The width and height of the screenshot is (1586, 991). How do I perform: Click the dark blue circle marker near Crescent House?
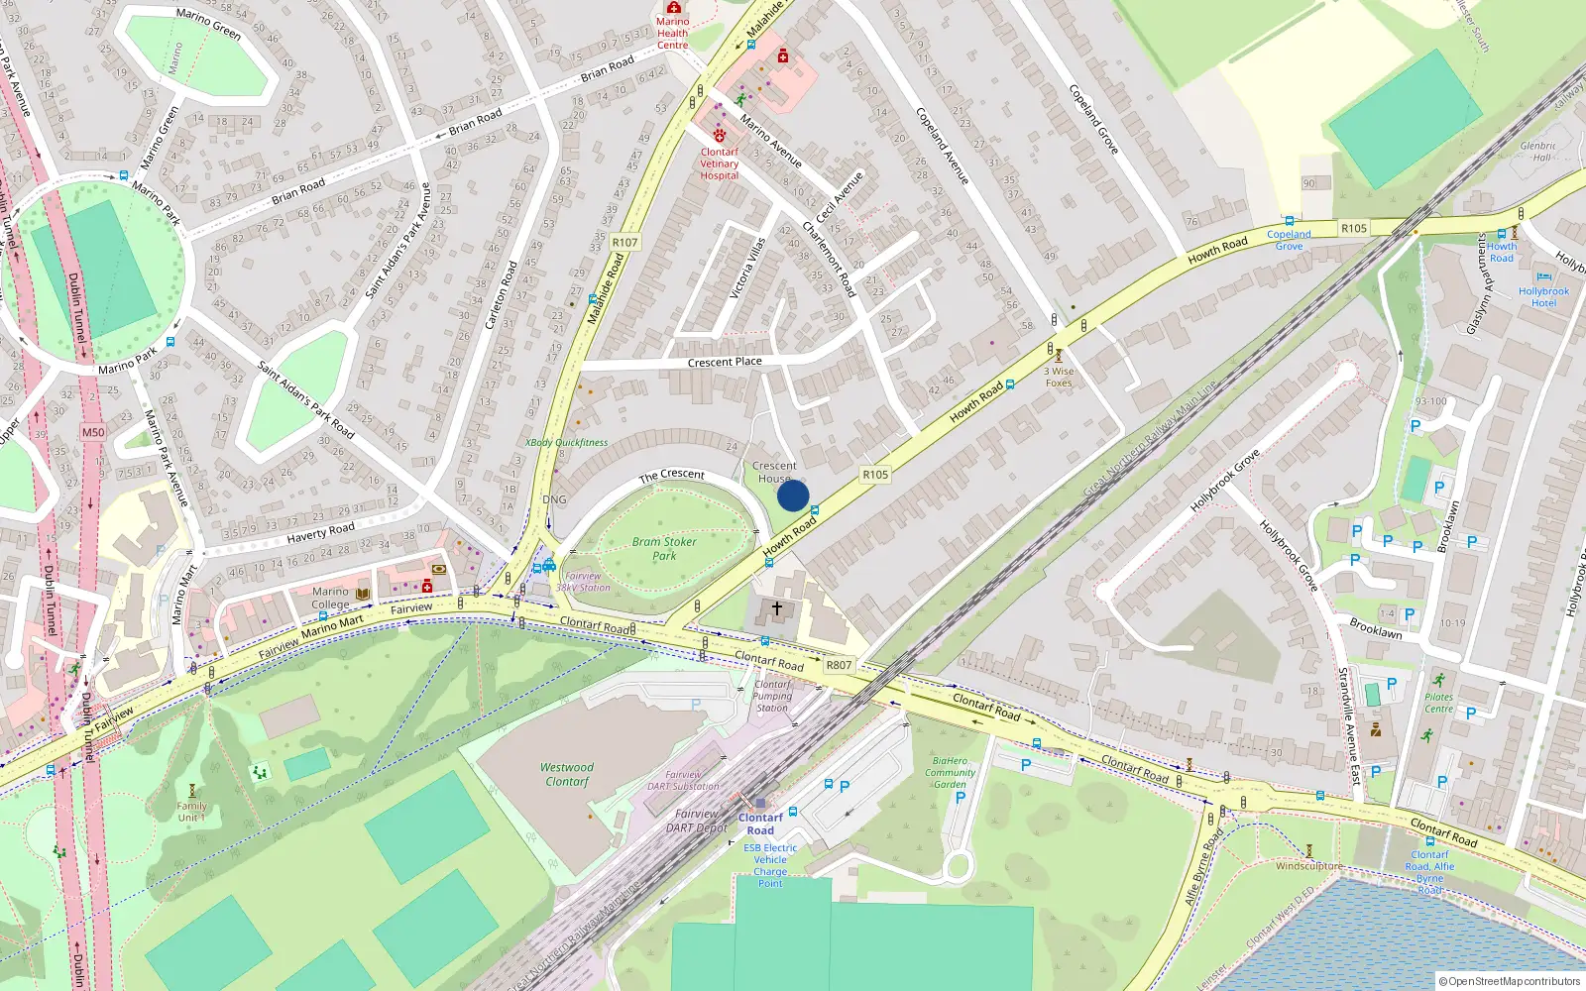793,495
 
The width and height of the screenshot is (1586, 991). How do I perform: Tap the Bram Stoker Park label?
664,549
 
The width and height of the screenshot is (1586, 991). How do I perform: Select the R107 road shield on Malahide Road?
625,242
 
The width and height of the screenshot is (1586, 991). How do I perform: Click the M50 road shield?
93,432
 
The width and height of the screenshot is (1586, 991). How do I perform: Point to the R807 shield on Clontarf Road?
839,665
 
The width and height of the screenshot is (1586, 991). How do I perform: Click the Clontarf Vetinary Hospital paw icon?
720,135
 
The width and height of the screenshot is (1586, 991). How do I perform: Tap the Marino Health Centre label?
672,33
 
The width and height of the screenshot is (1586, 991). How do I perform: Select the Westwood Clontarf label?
567,774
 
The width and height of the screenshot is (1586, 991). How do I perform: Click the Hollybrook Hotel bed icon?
1543,277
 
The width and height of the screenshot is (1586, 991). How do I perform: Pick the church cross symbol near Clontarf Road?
777,607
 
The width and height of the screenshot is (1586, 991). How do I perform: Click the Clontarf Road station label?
760,824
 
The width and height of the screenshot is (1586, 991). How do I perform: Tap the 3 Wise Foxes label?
1059,377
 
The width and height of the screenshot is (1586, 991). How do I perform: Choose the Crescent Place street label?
725,362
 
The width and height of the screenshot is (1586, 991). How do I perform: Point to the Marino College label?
330,598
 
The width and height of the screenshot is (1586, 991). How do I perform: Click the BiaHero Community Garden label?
950,772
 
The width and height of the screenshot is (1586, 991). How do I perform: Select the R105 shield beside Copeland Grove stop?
1354,228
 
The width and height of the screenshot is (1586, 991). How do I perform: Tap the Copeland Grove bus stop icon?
1290,221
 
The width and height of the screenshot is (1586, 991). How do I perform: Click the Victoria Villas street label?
747,268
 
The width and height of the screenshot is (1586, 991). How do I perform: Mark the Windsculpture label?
1308,866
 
